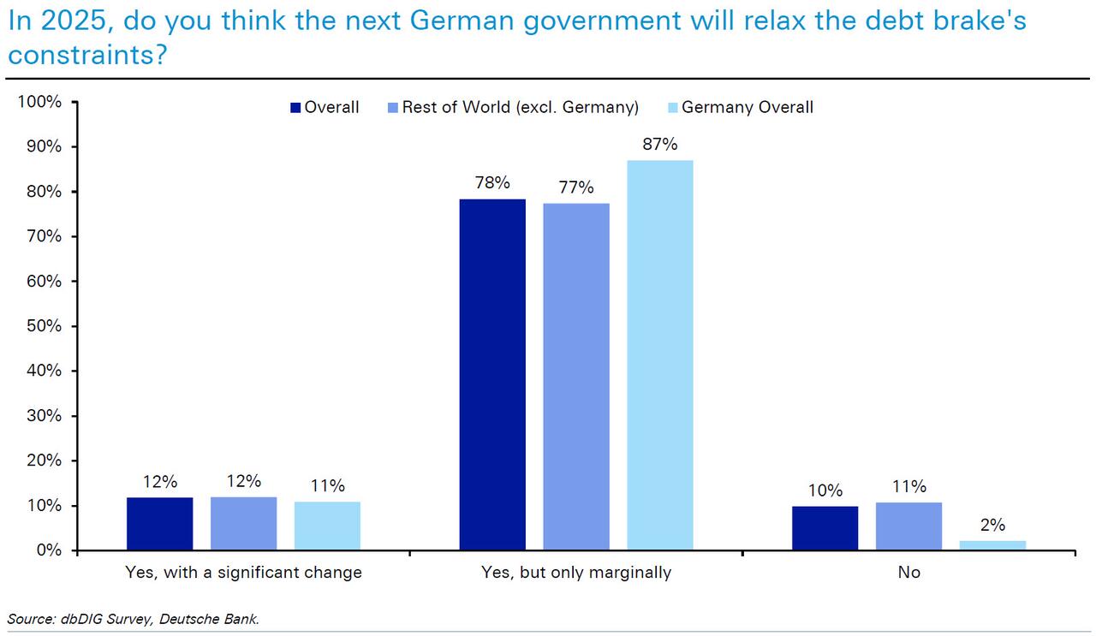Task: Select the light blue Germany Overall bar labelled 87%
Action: click(x=660, y=354)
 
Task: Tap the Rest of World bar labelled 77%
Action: click(x=576, y=377)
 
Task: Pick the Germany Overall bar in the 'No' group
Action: click(x=992, y=545)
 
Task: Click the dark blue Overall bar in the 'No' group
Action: click(x=825, y=528)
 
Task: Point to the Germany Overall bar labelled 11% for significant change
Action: click(x=327, y=526)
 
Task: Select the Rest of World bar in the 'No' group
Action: click(x=908, y=526)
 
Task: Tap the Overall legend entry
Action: click(x=325, y=108)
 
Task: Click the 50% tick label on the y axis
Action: click(x=43, y=326)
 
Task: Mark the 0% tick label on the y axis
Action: click(x=47, y=550)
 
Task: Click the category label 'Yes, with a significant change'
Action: click(x=243, y=573)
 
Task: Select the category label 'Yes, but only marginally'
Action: click(x=576, y=573)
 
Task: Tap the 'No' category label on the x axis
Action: click(x=908, y=573)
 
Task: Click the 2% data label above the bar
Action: click(x=992, y=526)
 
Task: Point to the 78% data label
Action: click(x=492, y=182)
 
